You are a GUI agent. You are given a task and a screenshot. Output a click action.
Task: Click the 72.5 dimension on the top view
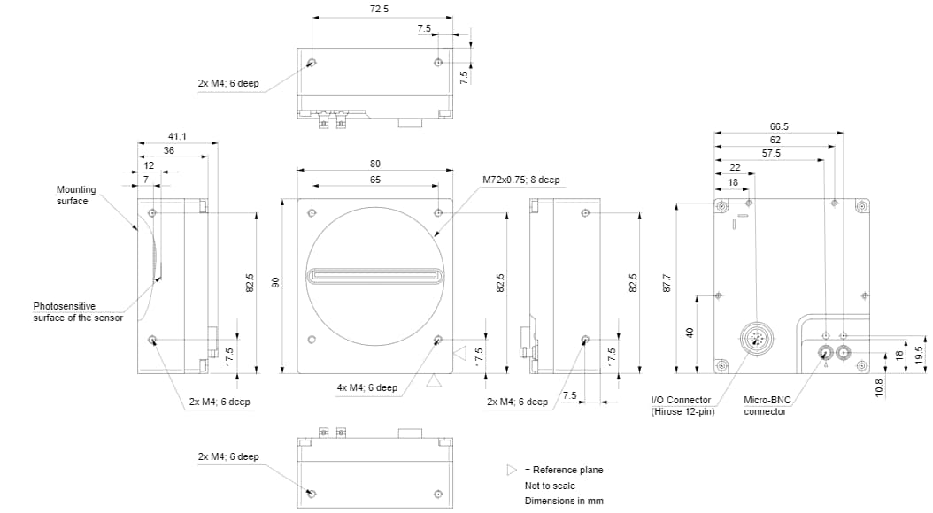tap(379, 9)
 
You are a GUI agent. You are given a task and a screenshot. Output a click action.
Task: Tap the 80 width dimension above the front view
tap(375, 164)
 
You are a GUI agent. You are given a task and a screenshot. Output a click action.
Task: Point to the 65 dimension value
tap(375, 179)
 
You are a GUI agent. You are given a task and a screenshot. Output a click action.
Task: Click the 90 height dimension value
tap(275, 283)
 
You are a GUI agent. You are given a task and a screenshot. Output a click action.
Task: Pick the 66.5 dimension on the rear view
tap(779, 126)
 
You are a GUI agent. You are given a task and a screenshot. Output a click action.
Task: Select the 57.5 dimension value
tap(771, 153)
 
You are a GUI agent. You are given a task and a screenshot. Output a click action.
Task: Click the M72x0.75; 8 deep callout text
tap(521, 180)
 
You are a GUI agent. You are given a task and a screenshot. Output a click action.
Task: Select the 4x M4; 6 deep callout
tap(367, 387)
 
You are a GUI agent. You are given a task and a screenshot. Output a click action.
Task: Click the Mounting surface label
tap(76, 195)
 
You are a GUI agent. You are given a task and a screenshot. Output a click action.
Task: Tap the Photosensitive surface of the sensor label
tap(78, 311)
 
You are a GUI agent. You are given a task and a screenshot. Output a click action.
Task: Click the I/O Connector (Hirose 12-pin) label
tap(682, 406)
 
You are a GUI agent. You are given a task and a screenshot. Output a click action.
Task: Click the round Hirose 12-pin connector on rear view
tap(754, 337)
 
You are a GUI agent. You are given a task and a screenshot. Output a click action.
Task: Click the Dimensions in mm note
tap(564, 502)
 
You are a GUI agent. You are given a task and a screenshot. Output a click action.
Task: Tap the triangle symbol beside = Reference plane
tap(511, 470)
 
